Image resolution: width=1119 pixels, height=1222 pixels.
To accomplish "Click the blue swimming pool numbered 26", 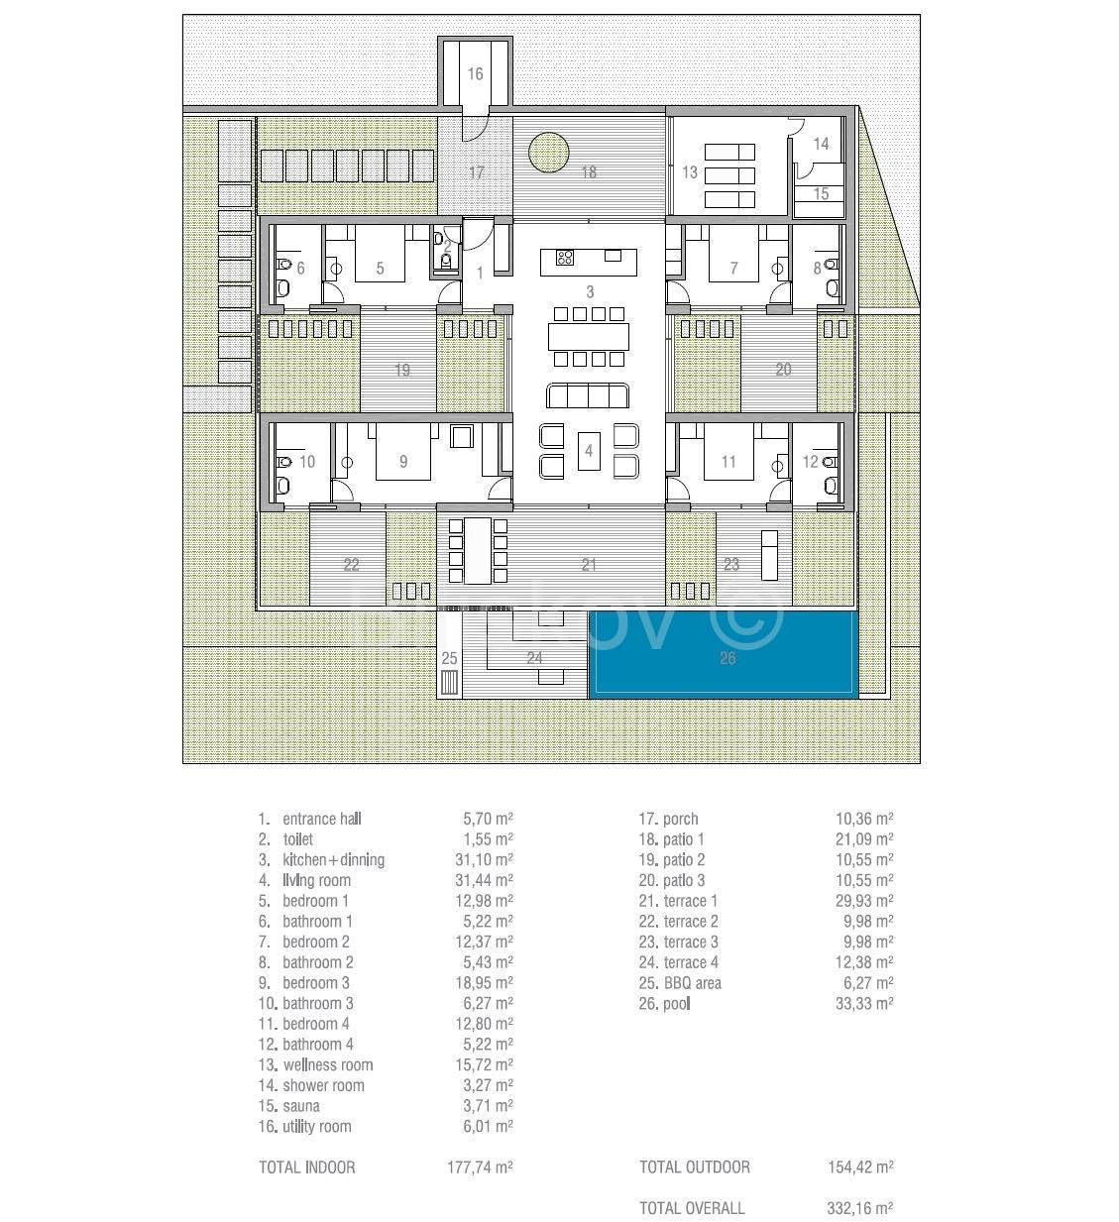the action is pyautogui.click(x=723, y=655).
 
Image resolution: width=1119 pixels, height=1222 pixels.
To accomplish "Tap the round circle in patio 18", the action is pyautogui.click(x=548, y=153).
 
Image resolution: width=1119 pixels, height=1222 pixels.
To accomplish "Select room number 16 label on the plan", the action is pyautogui.click(x=475, y=74).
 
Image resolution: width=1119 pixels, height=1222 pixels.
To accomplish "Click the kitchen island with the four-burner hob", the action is pyautogui.click(x=588, y=262).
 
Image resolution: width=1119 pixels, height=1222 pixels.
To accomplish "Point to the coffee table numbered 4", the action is pyautogui.click(x=589, y=451).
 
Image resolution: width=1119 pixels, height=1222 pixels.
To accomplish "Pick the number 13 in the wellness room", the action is pyautogui.click(x=689, y=172).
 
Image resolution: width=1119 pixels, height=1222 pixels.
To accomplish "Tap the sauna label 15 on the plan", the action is pyautogui.click(x=821, y=193).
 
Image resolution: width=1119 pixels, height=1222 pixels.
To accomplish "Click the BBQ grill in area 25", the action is pyautogui.click(x=449, y=682).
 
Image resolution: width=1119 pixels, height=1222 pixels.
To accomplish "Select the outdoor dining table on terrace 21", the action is pyautogui.click(x=478, y=551).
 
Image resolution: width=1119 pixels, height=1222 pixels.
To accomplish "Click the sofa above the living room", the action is pyautogui.click(x=588, y=395).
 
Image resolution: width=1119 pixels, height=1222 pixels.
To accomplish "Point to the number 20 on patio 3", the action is pyautogui.click(x=783, y=369).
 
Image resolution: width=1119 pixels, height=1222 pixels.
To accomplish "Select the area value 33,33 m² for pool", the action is pyautogui.click(x=864, y=1003).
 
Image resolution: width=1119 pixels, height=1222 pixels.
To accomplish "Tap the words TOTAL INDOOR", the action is pyautogui.click(x=306, y=1167).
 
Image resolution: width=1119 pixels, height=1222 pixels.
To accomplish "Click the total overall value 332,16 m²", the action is pyautogui.click(x=860, y=1208).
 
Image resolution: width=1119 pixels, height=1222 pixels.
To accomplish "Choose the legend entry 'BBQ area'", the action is pyautogui.click(x=693, y=982).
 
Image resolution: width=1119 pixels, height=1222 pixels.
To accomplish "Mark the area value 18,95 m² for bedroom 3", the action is pyautogui.click(x=484, y=982).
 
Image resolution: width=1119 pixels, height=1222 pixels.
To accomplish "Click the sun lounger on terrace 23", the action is pyautogui.click(x=770, y=555).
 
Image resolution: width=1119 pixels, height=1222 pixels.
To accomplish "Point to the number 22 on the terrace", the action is pyautogui.click(x=351, y=565).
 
